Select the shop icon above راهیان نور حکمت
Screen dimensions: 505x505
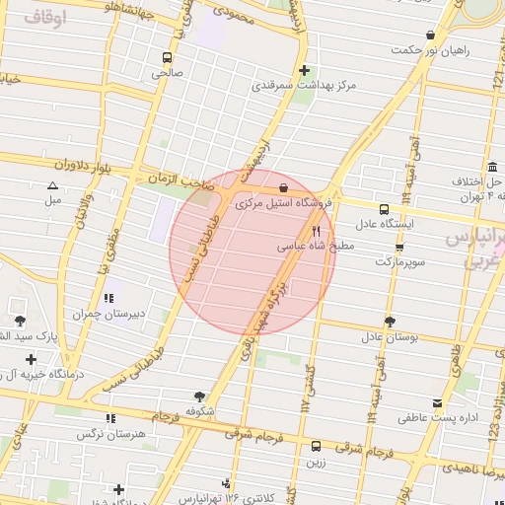(429, 36)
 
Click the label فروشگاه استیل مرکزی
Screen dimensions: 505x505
(286, 201)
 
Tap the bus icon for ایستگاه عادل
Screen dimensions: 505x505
(385, 209)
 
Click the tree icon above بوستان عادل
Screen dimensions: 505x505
(390, 321)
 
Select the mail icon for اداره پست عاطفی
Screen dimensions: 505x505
(437, 402)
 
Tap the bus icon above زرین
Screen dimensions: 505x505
(316, 446)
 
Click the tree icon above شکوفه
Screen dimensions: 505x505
(200, 394)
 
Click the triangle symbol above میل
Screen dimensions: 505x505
(52, 185)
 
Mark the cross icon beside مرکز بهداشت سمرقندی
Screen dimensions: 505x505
(305, 70)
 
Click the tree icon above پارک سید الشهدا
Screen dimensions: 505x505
(20, 320)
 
